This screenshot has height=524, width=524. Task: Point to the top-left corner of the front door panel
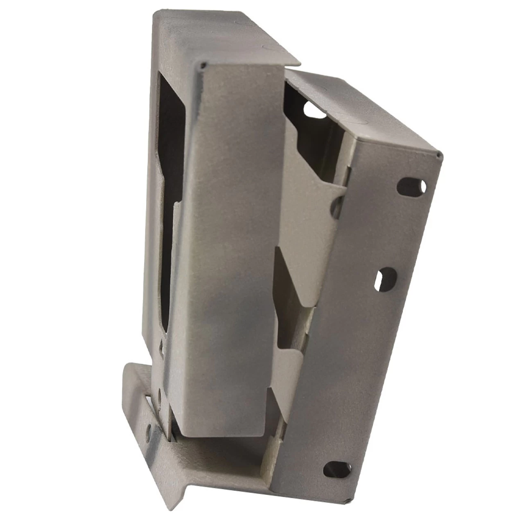click(x=202, y=64)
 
